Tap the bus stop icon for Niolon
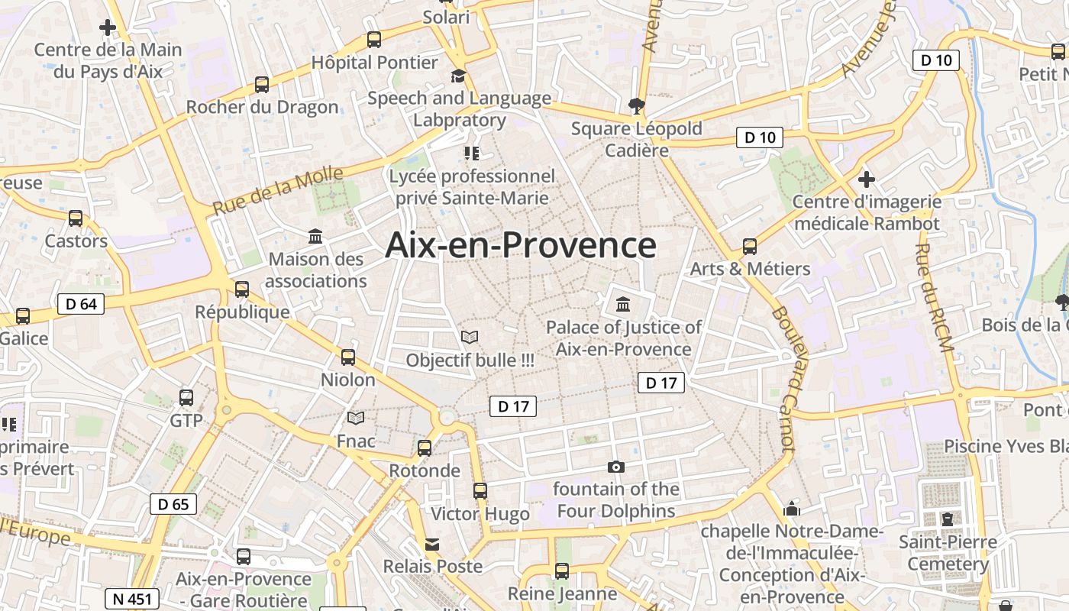pos(348,357)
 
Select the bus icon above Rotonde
pos(425,448)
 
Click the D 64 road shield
pos(81,304)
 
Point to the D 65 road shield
pos(173,504)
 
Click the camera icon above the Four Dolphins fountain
pos(615,467)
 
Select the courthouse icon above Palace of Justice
pos(623,305)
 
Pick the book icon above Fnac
pos(356,418)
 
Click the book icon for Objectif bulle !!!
pos(470,337)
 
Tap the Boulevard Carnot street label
pos(784,378)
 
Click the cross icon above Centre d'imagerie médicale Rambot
pos(866,179)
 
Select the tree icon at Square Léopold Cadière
pos(636,105)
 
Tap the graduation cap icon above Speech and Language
pos(458,76)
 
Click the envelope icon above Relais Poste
pos(432,544)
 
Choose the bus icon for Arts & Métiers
pos(750,247)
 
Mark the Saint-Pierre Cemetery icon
pos(947,519)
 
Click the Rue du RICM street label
pos(934,298)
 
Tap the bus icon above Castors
pos(76,218)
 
